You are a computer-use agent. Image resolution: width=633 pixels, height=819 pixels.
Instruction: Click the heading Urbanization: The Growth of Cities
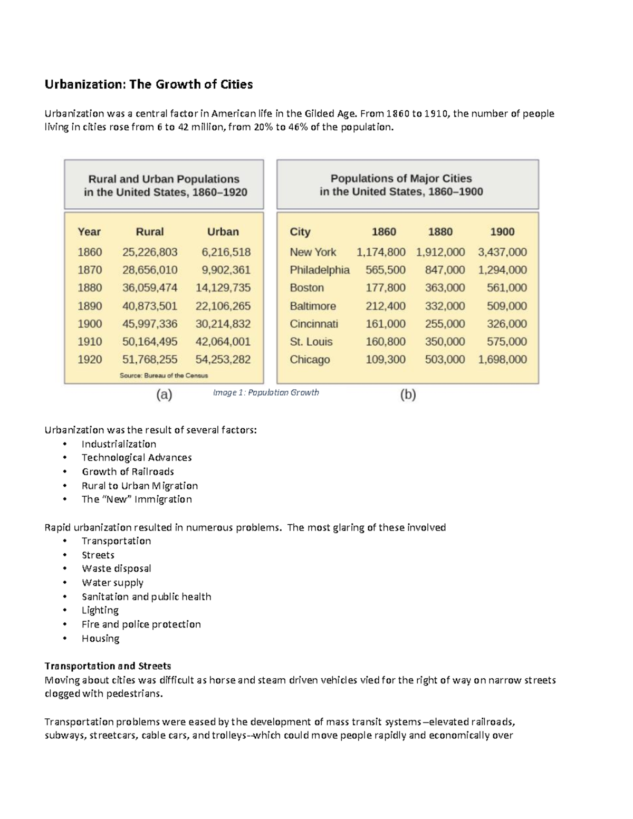coord(149,84)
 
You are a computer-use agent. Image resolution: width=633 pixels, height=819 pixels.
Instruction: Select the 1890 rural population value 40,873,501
coord(150,306)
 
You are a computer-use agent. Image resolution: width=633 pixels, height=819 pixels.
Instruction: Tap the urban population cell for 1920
coord(223,360)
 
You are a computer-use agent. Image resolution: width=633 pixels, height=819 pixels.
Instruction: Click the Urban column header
coord(223,232)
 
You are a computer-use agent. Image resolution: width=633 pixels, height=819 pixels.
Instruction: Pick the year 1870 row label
coord(90,270)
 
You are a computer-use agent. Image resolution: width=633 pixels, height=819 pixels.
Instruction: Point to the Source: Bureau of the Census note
coord(164,375)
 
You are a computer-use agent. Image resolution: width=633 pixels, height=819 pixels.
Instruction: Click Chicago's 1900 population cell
coord(502,360)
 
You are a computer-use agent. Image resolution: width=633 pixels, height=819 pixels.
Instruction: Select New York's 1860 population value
coord(381,252)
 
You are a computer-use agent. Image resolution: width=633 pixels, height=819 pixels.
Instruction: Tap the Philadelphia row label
coord(319,270)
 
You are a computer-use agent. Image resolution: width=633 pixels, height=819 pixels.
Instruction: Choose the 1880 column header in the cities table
coord(440,232)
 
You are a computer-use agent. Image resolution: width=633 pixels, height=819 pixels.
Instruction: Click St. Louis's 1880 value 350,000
coord(445,342)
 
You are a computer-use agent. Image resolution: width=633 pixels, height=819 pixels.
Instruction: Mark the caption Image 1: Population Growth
coord(266,392)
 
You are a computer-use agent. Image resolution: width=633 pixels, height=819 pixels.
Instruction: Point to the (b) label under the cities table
coord(408,394)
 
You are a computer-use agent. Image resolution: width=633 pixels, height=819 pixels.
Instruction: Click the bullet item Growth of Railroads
coord(128,471)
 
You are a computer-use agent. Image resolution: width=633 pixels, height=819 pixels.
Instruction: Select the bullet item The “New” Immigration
coord(137,499)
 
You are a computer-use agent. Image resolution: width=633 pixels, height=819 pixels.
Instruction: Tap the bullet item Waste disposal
coord(116,569)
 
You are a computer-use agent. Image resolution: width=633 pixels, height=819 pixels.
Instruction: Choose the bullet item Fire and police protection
coord(141,624)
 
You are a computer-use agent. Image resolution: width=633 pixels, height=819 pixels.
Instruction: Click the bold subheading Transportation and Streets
coord(108,666)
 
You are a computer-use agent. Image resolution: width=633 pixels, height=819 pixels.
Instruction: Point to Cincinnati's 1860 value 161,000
coord(386,324)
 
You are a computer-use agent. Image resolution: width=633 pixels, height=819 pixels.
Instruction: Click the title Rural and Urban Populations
coord(164,179)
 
